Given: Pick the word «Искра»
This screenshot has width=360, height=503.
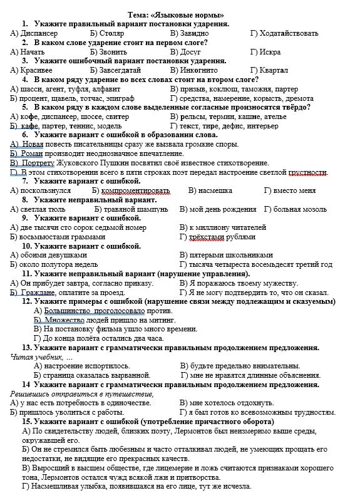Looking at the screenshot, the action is (x=269, y=52).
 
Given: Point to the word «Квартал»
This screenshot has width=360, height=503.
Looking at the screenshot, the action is (x=274, y=70).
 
